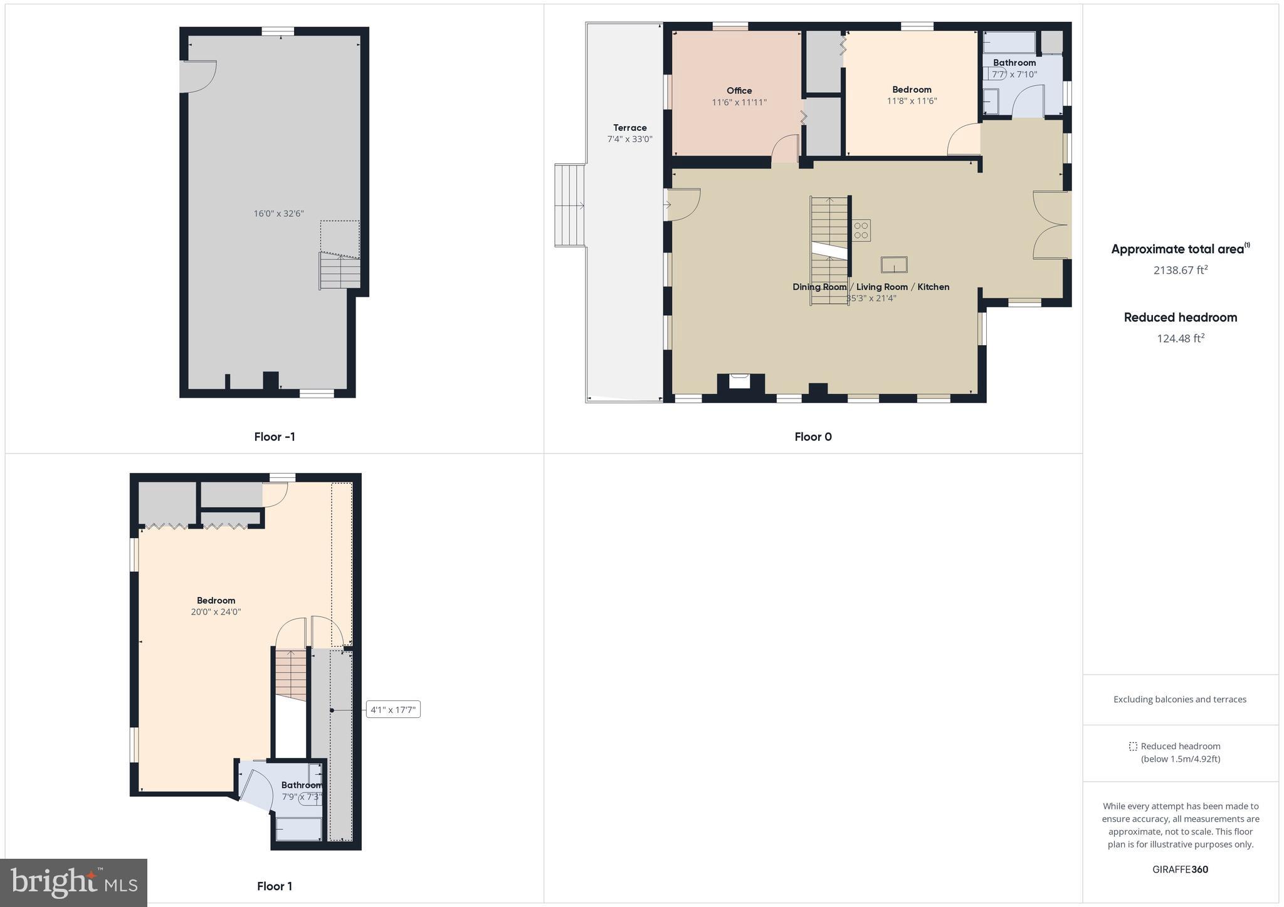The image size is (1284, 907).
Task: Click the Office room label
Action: [739, 91]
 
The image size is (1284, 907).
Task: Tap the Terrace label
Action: [629, 128]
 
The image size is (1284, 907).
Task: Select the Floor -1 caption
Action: [275, 437]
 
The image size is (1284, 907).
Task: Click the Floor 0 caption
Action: [813, 437]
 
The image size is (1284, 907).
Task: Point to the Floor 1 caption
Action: [275, 886]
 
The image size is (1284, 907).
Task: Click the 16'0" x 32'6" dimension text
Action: [278, 214]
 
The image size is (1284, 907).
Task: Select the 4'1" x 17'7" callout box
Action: [393, 710]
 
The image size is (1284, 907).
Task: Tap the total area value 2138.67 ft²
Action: [1181, 270]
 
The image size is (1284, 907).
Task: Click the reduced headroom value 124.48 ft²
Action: [1181, 338]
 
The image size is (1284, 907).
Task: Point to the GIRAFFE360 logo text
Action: [1180, 869]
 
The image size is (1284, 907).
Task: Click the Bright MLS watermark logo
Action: [74, 883]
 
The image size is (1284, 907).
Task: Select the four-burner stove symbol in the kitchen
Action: [861, 230]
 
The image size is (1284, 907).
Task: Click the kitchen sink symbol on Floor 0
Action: [894, 264]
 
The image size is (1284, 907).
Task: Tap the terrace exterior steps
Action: [570, 205]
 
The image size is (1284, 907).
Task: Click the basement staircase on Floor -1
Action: [340, 270]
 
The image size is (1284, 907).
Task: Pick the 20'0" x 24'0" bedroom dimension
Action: [216, 612]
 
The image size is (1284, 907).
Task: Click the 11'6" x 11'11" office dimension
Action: [739, 102]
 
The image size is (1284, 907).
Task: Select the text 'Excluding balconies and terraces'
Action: [1179, 699]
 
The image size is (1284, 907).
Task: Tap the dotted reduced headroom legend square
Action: [1133, 746]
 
